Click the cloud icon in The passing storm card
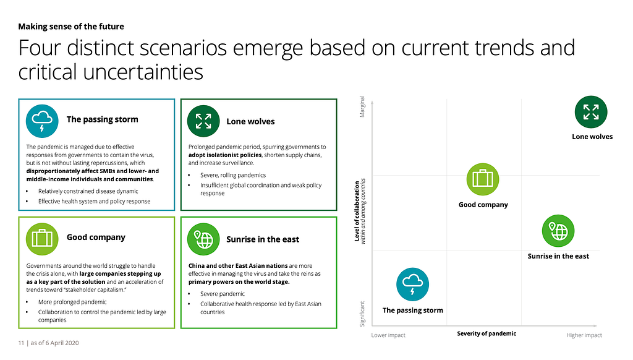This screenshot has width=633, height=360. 42,121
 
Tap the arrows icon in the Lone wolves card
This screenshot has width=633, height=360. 203,121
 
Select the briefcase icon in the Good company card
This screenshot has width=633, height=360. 42,239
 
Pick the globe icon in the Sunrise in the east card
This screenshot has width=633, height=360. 203,239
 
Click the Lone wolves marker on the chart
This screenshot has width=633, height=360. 591,112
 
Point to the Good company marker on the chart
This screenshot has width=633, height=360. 483,179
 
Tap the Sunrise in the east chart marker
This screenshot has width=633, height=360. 558,231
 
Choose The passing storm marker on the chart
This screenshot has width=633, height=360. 412,285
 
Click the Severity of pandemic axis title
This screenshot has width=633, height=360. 486,334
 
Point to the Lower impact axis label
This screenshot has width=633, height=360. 388,335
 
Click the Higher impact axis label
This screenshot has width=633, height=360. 584,335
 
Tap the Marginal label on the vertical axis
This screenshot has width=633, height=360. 362,106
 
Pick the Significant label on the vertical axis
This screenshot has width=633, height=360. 362,314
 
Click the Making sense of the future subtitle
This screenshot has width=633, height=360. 71,27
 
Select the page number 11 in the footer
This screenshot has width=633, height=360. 21,343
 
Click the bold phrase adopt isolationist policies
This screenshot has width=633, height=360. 225,155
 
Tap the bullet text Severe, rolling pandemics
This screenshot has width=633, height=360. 233,175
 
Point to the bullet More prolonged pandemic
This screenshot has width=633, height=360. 72,302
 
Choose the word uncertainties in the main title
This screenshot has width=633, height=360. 143,72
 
